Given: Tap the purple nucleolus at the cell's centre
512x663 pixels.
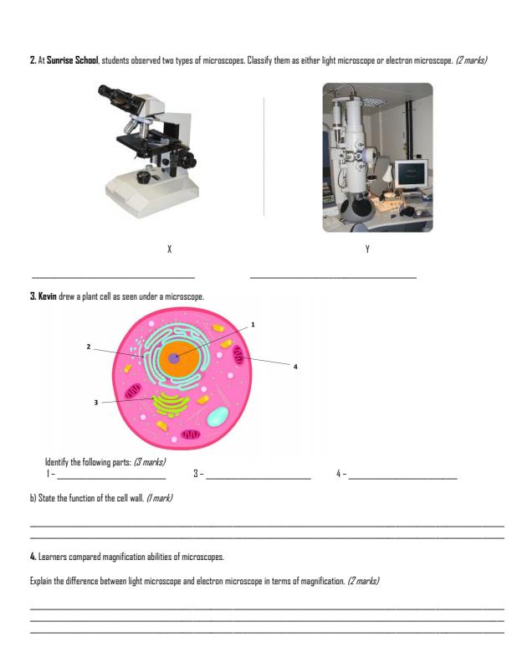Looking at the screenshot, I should coord(174,358).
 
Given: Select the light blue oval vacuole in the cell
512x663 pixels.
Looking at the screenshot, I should coord(218,418).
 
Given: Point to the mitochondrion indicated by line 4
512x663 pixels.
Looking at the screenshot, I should coord(240,358).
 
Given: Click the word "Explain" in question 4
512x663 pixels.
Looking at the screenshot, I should coord(43,578).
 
